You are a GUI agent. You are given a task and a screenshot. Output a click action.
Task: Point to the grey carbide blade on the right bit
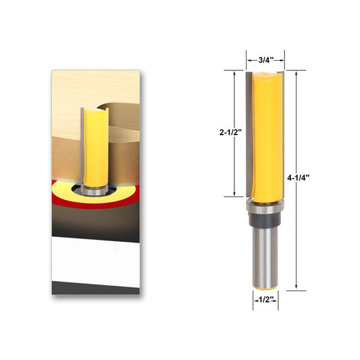coord(249,135)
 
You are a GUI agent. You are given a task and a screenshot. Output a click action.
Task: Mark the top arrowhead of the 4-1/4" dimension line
coord(296,72)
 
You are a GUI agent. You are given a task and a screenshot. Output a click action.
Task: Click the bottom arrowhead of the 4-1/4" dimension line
coord(296,288)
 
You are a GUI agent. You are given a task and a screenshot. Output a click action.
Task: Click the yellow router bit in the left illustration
coord(94,145)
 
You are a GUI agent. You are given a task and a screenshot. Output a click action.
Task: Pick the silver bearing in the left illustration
coord(94,190)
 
